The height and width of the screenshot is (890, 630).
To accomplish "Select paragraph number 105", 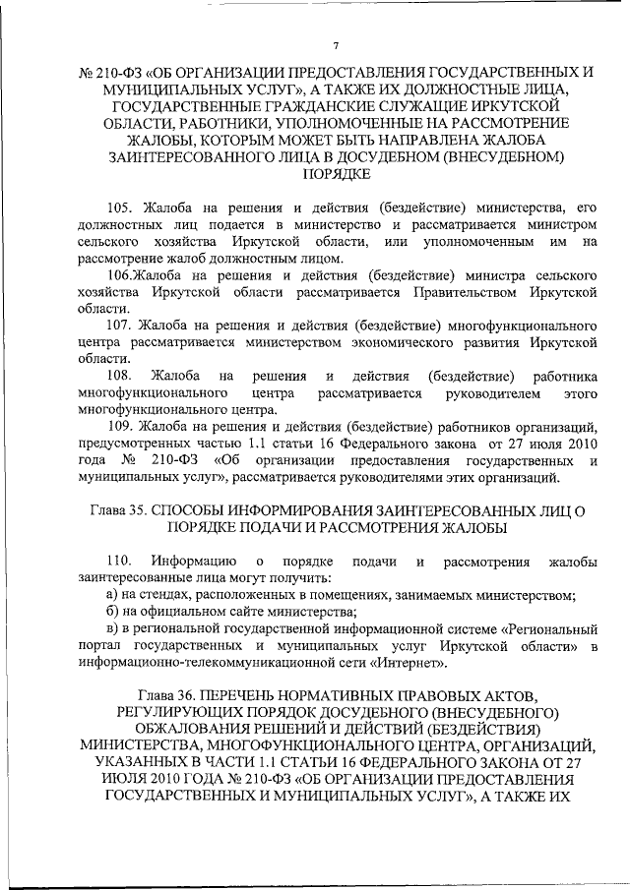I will coord(119,206).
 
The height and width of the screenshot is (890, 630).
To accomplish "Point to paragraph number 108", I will coord(119,376).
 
